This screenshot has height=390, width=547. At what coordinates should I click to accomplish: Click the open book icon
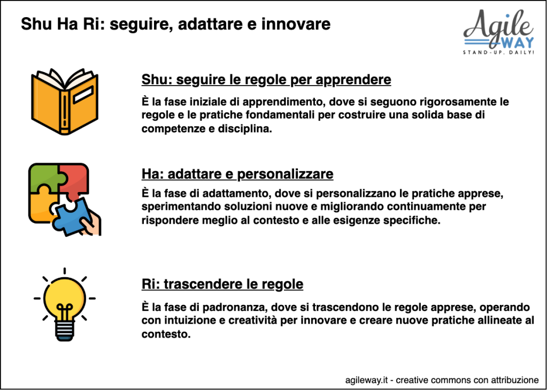pos(65,101)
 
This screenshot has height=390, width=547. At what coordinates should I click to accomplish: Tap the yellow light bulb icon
pos(65,304)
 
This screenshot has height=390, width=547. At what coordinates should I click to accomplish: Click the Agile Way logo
pos(498,32)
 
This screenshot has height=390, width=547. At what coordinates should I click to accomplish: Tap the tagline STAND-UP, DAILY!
pos(498,53)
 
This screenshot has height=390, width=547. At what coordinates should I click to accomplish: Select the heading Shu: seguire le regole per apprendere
pos(266,80)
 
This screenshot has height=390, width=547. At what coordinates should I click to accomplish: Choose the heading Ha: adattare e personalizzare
pos(237,173)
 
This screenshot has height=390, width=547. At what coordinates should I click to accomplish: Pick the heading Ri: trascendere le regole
pos(222,284)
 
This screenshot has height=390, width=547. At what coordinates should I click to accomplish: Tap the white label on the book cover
pos(83,94)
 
